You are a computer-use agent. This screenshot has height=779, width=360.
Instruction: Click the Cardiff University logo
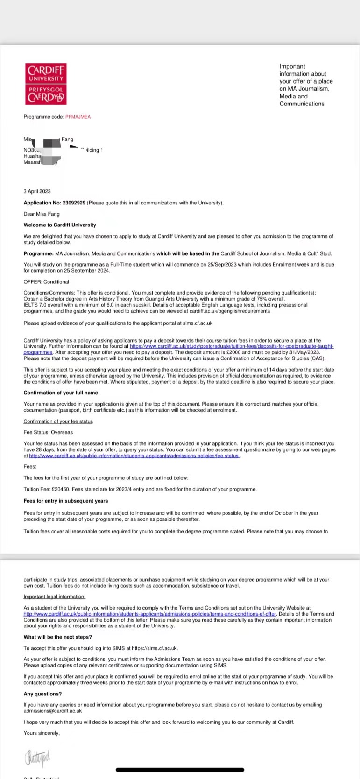[46, 84]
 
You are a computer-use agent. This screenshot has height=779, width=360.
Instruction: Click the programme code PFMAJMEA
[78, 117]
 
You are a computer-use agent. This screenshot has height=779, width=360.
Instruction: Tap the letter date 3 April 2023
[37, 191]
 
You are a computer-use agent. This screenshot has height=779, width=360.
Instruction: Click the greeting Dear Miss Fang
[42, 214]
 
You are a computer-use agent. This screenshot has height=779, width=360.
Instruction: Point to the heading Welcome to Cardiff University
[60, 225]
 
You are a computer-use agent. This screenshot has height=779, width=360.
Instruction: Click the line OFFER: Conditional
[46, 282]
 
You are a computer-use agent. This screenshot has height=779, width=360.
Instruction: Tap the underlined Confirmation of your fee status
[58, 421]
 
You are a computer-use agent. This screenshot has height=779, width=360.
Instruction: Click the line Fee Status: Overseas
[48, 432]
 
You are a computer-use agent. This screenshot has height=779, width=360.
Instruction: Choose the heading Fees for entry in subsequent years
[66, 501]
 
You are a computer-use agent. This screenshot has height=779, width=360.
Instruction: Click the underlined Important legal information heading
[55, 597]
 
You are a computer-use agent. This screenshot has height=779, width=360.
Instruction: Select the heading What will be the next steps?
[58, 637]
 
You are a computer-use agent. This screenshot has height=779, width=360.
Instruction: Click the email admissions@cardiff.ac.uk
[53, 711]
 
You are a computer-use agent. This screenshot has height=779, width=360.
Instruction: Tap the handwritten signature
[37, 756]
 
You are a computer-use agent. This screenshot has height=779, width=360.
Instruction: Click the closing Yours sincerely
[42, 733]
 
